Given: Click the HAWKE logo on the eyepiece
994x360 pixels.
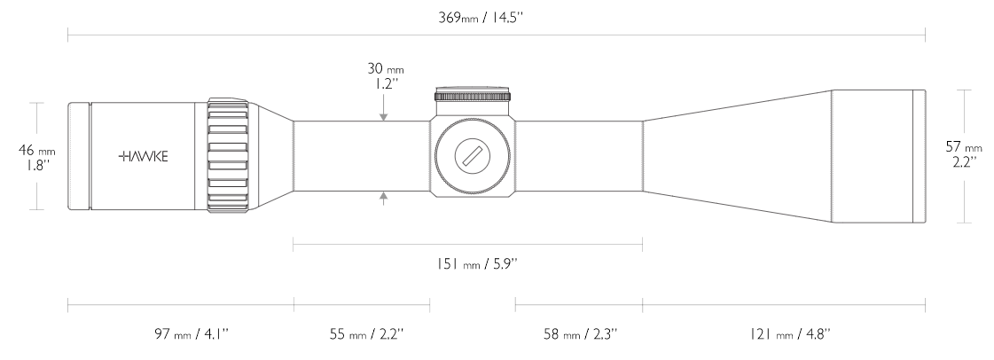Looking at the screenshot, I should click(x=142, y=156).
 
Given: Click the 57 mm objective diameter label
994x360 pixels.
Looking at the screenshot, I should click(x=963, y=147).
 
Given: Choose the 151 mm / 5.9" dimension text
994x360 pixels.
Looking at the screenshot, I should click(x=467, y=263).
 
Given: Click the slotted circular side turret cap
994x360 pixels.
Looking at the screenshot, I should click(x=472, y=156).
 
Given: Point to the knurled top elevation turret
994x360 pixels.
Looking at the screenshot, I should click(x=472, y=96).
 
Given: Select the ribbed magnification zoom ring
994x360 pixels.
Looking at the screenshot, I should click(x=229, y=156).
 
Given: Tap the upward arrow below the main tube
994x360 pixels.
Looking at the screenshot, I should click(x=383, y=198).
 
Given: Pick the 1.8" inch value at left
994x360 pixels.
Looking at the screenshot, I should click(x=35, y=164).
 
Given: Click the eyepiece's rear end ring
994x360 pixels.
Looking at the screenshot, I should click(x=79, y=156).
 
